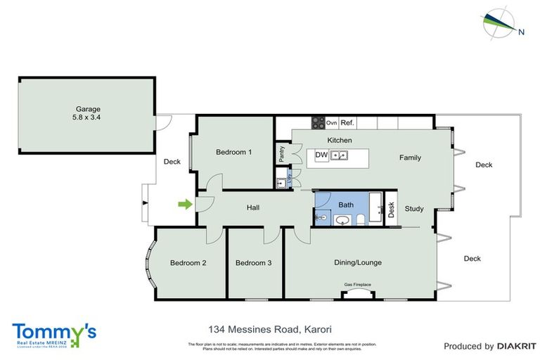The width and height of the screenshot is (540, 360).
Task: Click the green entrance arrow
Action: coord(184,205)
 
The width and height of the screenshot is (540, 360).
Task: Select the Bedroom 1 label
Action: coord(233,152)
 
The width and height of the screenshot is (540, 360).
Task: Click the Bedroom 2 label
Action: coord(188,263)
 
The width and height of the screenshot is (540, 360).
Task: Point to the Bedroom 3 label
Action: coord(253,263)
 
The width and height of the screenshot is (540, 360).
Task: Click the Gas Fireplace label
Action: coord(357,285)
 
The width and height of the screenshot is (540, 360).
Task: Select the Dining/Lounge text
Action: coord(357,262)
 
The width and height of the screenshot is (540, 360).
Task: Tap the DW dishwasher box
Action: coord(321,155)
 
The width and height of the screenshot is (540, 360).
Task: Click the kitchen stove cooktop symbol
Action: coord(319,122)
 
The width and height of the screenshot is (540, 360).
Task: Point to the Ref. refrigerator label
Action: coord(347,123)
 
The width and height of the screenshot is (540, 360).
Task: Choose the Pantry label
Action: coord(282,153)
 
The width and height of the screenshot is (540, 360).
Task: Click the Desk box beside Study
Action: coord(392,209)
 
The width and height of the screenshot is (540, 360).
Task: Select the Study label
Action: coord(414,208)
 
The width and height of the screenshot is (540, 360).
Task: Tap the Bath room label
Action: coord(345,205)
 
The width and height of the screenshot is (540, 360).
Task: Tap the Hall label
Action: coord(254,207)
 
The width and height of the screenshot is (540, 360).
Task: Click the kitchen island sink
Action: coord(340,155)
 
